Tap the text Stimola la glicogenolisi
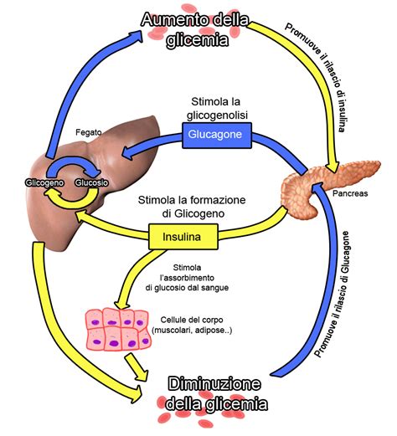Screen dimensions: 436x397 [219, 106]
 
